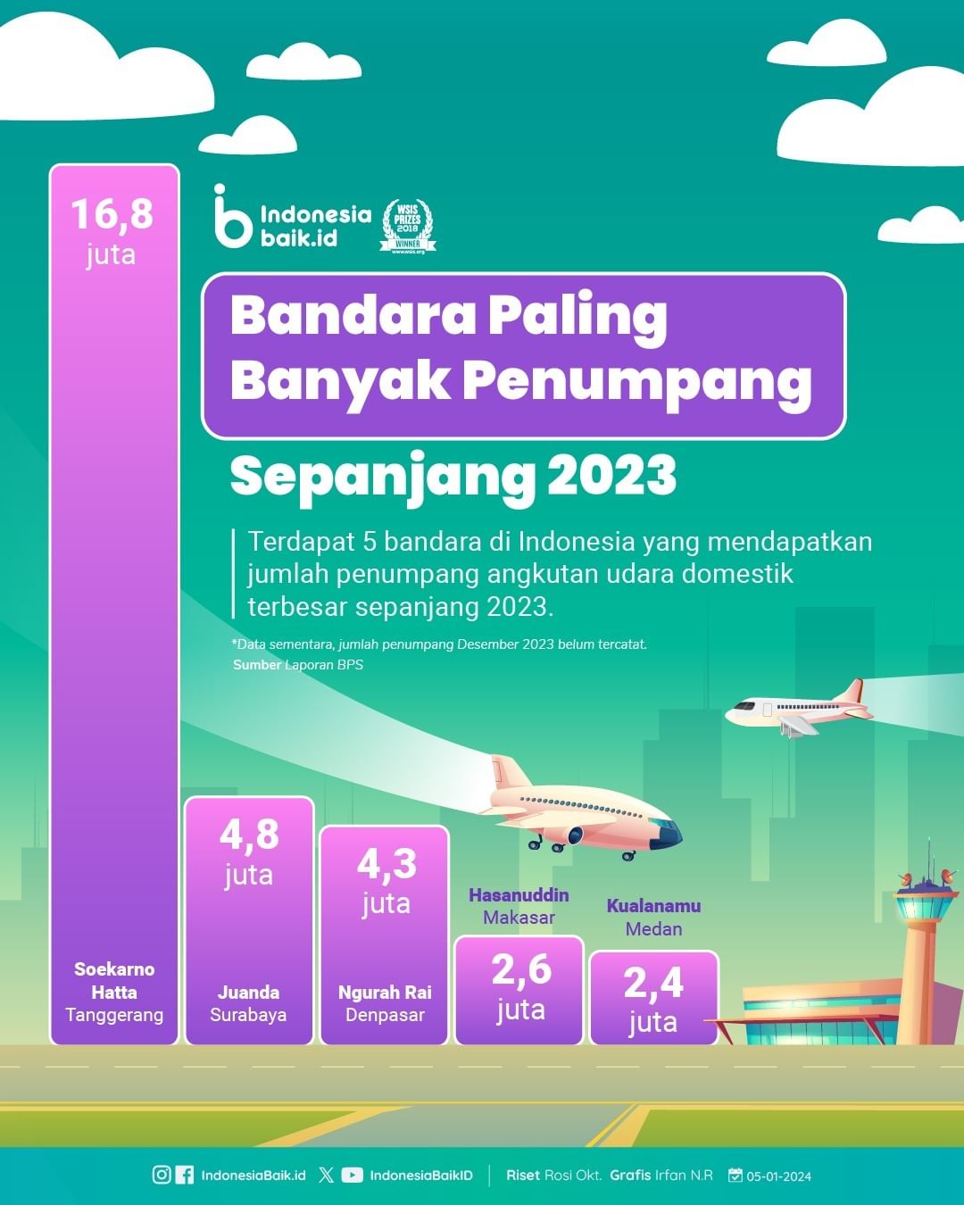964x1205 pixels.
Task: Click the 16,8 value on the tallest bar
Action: (112, 214)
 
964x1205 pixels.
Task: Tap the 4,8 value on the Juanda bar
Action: (249, 835)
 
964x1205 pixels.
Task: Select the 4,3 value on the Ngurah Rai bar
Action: (387, 864)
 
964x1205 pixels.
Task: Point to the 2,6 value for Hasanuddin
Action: (521, 970)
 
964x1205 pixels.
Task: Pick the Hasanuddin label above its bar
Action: (519, 895)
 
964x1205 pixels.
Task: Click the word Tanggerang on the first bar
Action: (114, 1016)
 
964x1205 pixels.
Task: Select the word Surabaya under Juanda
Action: (248, 1016)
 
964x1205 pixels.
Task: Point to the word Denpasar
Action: (385, 1016)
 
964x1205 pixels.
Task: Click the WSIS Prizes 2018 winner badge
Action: (408, 226)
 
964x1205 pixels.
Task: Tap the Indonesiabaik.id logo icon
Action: (231, 216)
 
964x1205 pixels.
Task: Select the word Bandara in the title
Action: (353, 316)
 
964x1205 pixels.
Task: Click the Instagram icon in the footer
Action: (162, 1176)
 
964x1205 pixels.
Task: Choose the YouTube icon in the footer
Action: (352, 1176)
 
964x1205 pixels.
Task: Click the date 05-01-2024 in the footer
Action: (778, 1176)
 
